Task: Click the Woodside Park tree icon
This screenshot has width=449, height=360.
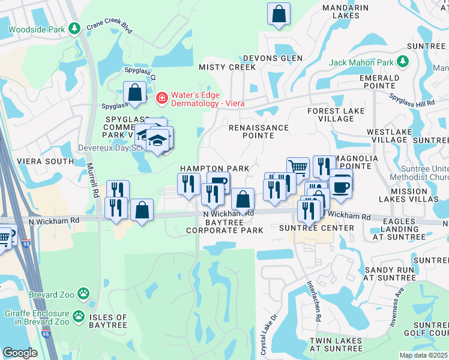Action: [74, 28]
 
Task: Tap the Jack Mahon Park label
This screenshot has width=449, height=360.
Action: [361, 62]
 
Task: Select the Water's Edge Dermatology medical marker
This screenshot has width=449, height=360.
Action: [161, 97]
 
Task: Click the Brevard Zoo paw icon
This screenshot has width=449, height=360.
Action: [85, 295]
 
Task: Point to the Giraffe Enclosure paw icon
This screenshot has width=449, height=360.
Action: [79, 315]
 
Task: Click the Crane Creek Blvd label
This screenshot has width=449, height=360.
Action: [109, 26]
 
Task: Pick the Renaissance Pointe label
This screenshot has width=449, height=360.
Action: [259, 132]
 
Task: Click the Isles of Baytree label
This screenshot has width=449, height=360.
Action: [108, 321]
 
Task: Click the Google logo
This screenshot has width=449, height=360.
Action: [20, 353]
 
